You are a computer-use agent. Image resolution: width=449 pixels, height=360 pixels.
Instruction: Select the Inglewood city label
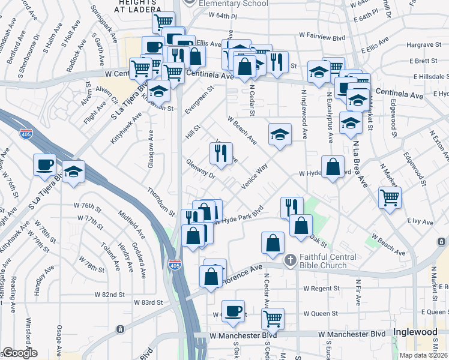point(415,332)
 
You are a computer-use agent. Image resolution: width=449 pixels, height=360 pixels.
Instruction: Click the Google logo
point(20,353)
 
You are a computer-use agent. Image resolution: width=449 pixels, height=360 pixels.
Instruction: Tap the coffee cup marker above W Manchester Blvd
point(234,311)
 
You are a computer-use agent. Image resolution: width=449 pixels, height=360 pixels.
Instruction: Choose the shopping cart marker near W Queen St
point(272,318)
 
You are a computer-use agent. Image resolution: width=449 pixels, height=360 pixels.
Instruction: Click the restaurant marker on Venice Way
point(220,154)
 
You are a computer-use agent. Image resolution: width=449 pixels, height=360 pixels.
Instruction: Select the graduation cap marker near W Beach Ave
point(280,135)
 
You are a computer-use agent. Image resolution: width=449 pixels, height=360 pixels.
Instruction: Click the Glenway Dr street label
point(200,169)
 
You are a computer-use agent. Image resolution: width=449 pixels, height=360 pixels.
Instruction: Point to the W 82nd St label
point(109,295)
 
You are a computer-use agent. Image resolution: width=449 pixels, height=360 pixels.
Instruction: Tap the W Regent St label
point(322,289)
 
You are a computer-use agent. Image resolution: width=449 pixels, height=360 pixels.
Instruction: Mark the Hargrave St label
point(423,45)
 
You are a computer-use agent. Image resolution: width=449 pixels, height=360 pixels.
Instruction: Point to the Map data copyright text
point(424,355)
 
